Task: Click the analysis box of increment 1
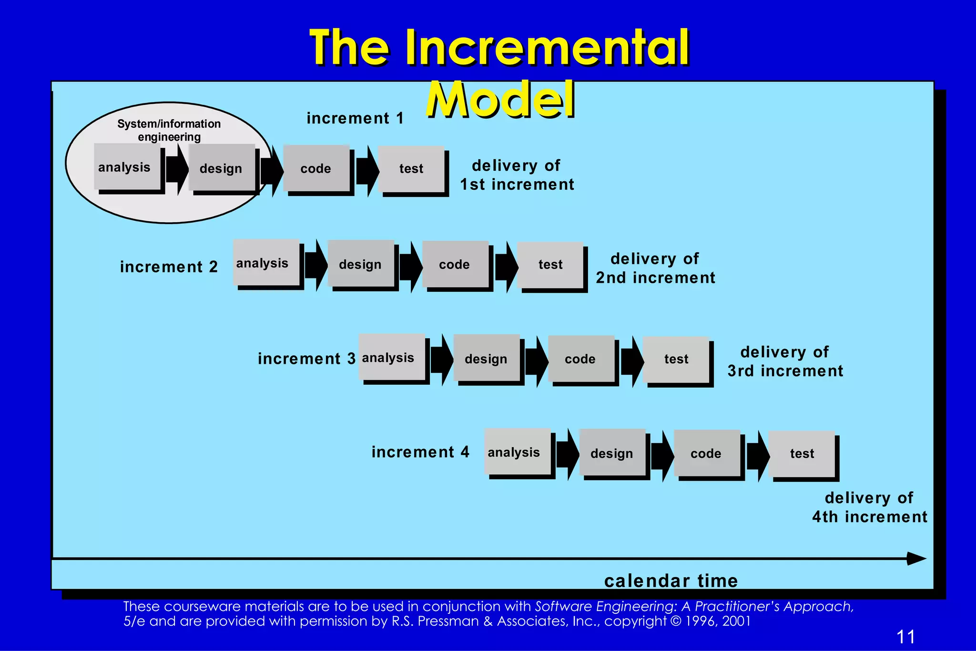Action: [x=127, y=167]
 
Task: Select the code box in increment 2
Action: [x=455, y=264]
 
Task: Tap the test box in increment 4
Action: [x=802, y=453]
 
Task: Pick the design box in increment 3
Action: [x=486, y=358]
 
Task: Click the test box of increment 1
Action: [x=411, y=168]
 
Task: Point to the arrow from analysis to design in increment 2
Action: [x=316, y=265]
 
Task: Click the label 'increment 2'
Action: [x=169, y=267]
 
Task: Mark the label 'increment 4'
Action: [x=420, y=452]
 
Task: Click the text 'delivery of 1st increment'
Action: [x=517, y=175]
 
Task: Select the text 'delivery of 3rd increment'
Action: [x=785, y=362]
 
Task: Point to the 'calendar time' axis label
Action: [x=671, y=580]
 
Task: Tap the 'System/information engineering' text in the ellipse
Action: [x=169, y=130]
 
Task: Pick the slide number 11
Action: [x=905, y=637]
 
